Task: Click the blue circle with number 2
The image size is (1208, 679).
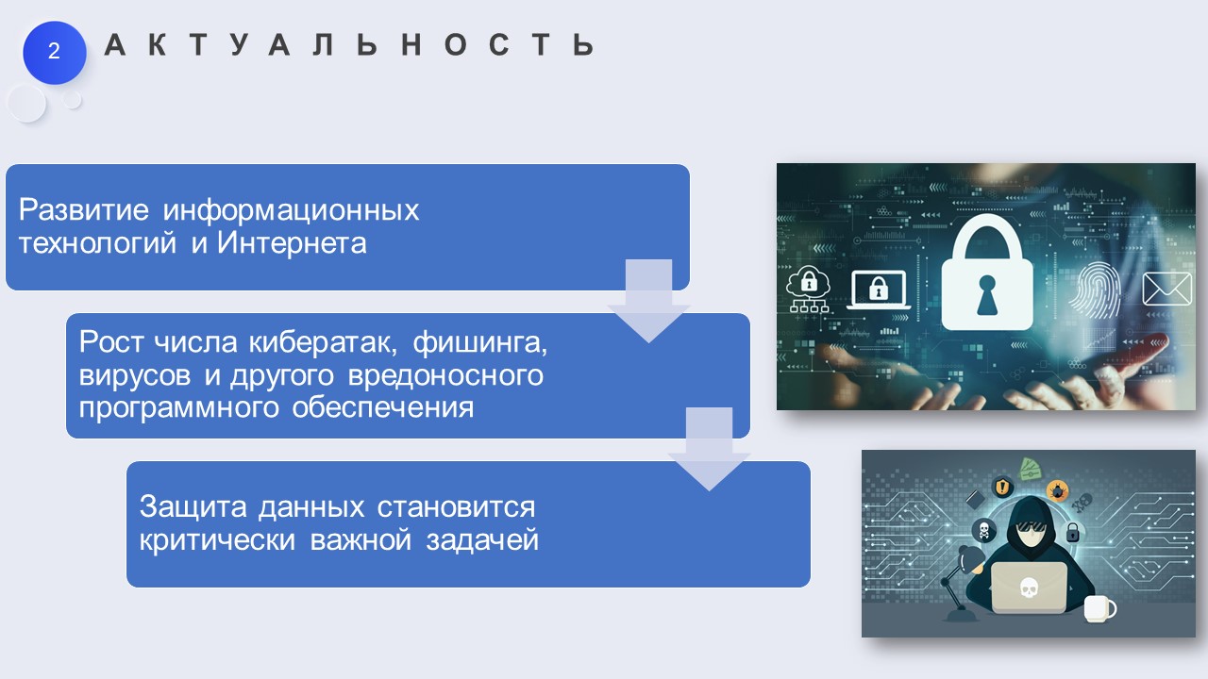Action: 54,52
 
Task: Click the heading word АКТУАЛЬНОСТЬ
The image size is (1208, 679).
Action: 349,44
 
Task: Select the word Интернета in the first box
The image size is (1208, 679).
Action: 292,242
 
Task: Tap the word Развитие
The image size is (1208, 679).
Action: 84,209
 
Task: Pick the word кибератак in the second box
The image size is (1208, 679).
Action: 323,341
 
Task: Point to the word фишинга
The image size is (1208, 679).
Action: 480,343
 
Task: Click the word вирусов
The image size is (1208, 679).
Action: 135,375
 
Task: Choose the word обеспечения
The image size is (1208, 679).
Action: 383,408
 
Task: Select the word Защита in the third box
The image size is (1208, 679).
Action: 193,507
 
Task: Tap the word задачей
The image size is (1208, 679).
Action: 482,540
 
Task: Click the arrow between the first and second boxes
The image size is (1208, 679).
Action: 648,301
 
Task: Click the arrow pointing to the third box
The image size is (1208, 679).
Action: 709,449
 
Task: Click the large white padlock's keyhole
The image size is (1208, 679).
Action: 987,294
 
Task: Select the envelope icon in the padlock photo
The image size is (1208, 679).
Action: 1167,289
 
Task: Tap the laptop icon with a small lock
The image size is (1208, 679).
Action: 878,290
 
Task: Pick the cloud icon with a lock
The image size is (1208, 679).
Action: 809,289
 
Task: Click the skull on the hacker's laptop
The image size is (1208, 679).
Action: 1029,588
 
